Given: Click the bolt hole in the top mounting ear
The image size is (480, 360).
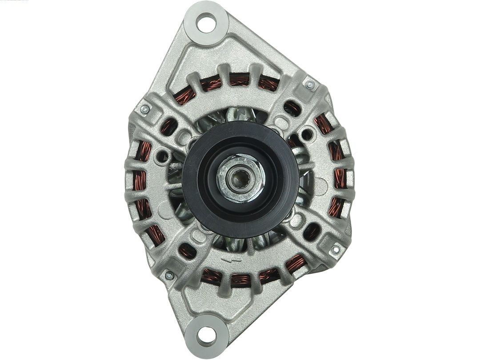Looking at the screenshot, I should click(206, 23).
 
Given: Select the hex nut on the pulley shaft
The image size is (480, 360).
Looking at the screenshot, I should click(240, 177).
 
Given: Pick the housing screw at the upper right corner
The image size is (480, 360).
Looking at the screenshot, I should click(310, 84).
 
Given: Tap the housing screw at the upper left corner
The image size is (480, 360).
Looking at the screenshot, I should click(144, 108).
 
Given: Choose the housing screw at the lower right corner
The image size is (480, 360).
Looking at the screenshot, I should click(336, 249).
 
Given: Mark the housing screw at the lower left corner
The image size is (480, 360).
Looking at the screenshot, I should click(169, 276).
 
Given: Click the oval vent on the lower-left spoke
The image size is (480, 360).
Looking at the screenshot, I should click(187, 252).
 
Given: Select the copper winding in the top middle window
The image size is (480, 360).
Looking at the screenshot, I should click(239, 80).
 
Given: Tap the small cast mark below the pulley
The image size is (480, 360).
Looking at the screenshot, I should click(229, 258).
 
